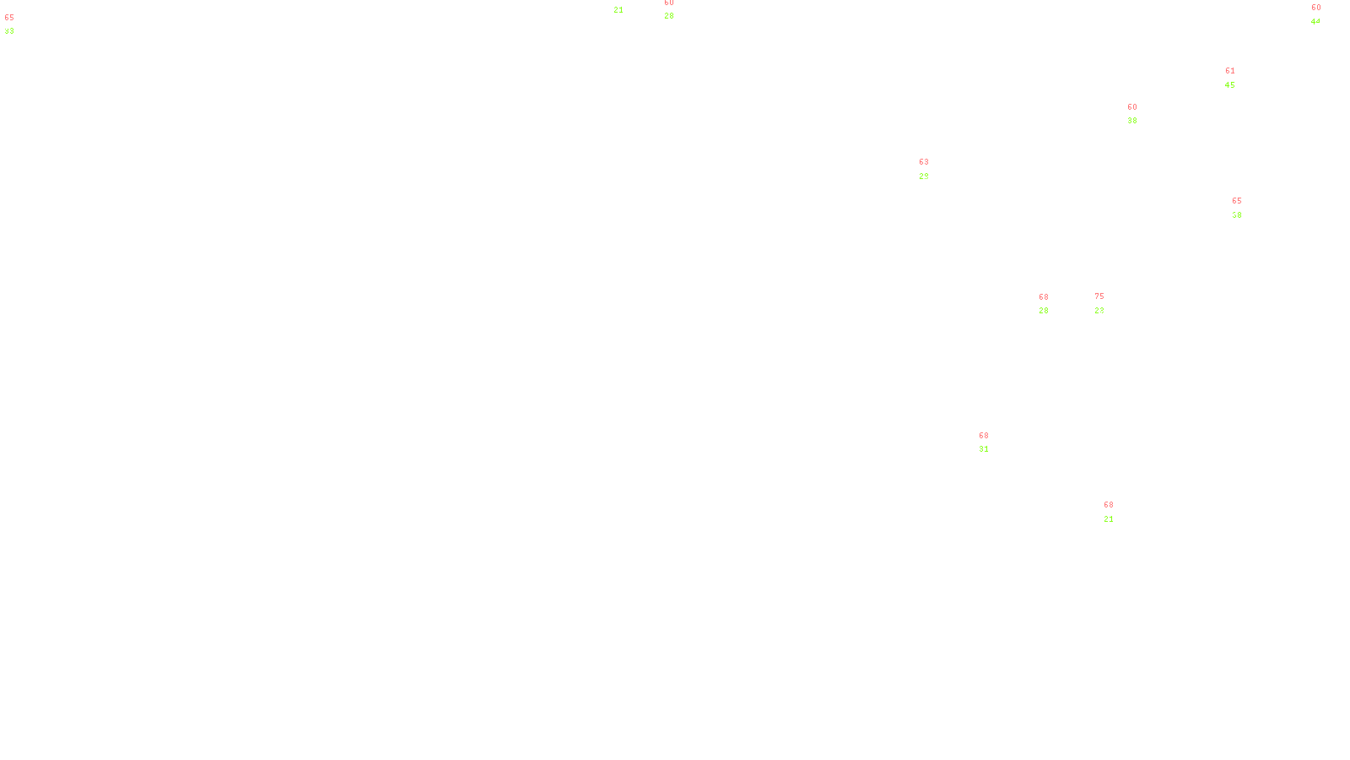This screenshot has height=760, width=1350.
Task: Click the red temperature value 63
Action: (x=923, y=162)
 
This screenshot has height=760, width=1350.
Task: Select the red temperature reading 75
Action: (x=1099, y=296)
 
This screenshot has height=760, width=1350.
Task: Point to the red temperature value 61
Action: (x=1229, y=72)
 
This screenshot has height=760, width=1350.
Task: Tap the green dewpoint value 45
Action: (x=1229, y=85)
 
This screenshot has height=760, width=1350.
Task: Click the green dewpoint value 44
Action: (x=1315, y=22)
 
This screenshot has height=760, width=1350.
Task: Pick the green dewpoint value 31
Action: (x=983, y=449)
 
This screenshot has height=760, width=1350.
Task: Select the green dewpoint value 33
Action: (x=9, y=31)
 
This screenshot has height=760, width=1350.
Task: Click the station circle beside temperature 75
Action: (x=1107, y=303)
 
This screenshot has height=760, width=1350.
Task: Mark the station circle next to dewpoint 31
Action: (x=992, y=442)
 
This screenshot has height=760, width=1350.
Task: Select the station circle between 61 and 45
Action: (x=1239, y=78)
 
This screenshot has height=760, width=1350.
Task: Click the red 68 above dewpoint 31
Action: (x=983, y=436)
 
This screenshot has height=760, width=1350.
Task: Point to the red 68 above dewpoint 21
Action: (x=1108, y=505)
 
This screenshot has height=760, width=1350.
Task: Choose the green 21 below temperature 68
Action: (x=1108, y=519)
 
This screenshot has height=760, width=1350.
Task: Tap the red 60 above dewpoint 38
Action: (x=1131, y=107)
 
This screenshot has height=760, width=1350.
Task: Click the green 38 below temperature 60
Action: (x=1131, y=121)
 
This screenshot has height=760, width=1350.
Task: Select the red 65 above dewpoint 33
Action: (x=9, y=18)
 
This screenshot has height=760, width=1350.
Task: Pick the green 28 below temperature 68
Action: (x=1043, y=311)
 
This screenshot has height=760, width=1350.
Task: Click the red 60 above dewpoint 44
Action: (x=1315, y=8)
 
